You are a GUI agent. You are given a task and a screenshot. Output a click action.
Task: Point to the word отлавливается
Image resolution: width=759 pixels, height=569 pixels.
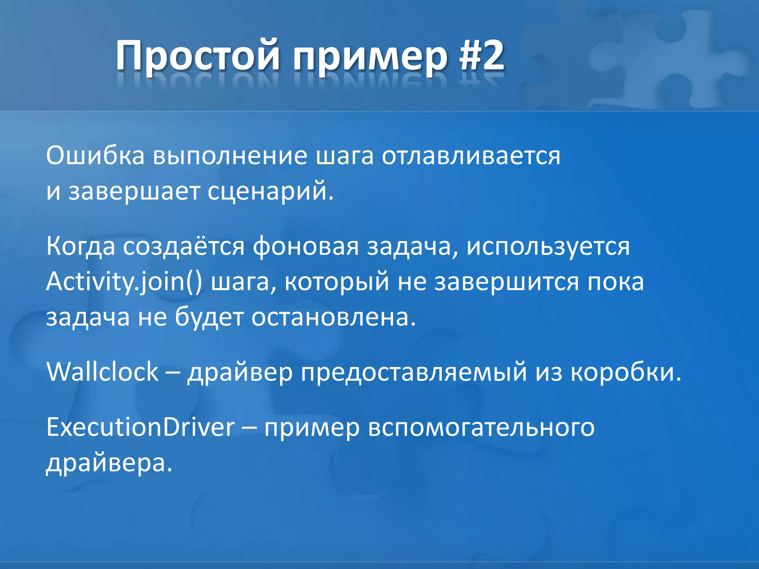[471, 156]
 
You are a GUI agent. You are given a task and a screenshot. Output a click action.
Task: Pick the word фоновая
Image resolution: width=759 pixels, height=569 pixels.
[306, 246]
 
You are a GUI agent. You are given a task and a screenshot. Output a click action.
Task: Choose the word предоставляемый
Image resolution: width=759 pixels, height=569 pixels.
[414, 373]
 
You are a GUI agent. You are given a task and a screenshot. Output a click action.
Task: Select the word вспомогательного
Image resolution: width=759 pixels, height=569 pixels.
[481, 428]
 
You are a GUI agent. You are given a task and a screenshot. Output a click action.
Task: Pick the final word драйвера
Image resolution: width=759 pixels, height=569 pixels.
[109, 463]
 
